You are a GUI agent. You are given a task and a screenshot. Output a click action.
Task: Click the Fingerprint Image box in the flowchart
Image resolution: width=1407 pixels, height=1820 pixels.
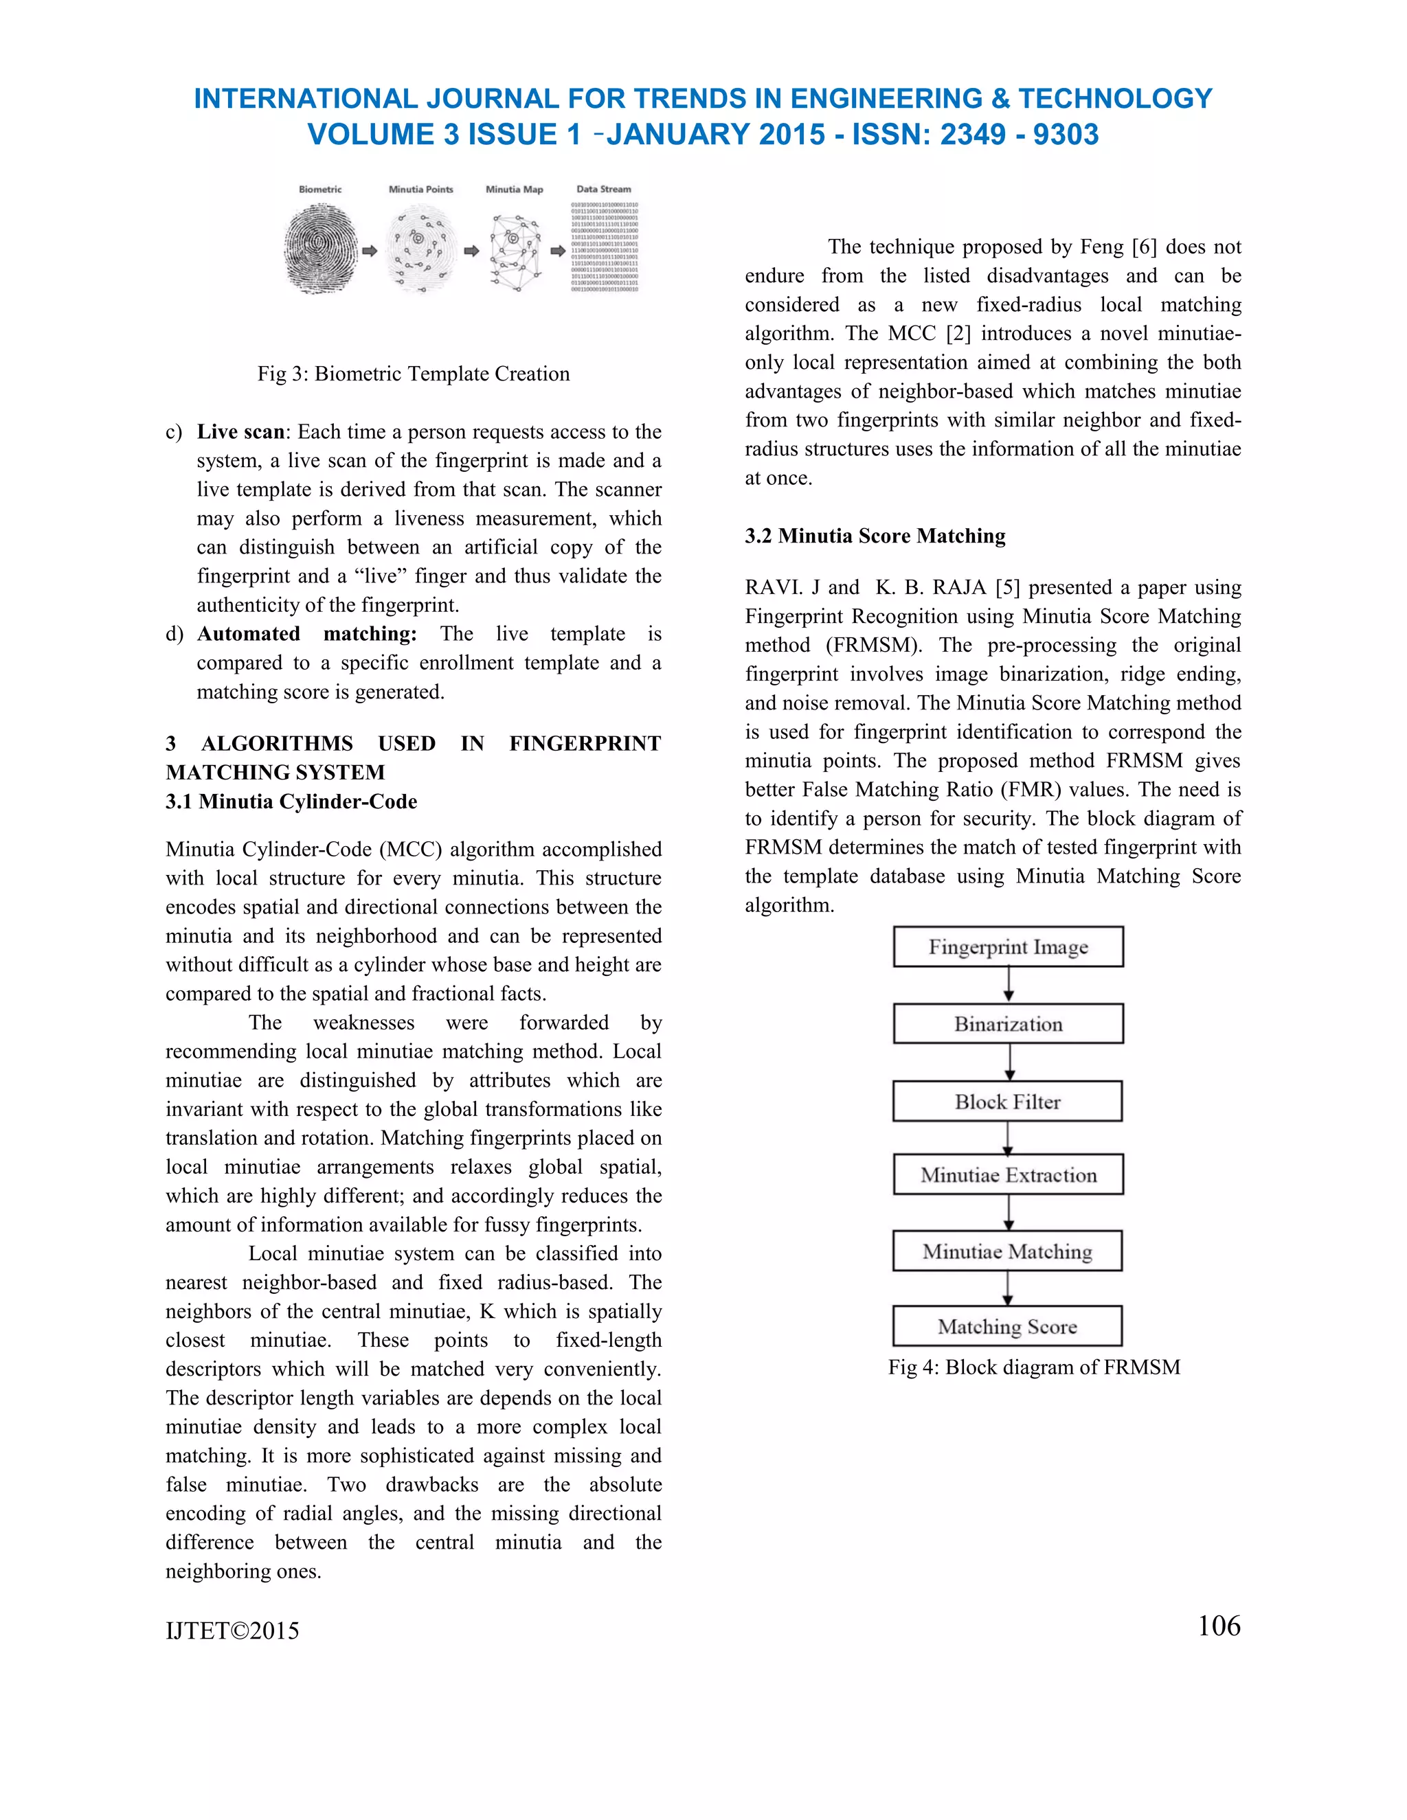1008,946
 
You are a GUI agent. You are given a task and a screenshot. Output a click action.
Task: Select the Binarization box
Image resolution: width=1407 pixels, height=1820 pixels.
1008,1023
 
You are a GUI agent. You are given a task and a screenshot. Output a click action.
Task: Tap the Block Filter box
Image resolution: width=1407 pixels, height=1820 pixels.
1007,1102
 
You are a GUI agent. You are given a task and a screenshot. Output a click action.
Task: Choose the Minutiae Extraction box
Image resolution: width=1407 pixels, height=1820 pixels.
1008,1174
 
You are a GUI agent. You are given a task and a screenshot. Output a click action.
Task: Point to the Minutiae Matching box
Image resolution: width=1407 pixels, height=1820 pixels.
1007,1251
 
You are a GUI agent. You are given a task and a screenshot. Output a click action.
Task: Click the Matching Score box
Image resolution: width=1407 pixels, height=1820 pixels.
1007,1326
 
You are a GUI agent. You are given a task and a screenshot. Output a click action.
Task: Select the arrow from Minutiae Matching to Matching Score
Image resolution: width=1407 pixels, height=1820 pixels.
1008,1288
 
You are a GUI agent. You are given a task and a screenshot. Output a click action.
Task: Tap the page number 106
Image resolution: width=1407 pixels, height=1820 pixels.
1219,1626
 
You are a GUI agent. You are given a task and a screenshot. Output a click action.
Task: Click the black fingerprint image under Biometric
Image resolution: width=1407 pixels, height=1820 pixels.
321,250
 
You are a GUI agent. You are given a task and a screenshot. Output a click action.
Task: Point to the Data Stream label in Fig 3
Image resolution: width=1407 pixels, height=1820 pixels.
603,189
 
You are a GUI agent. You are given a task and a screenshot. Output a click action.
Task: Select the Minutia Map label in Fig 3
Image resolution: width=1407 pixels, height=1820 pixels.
515,189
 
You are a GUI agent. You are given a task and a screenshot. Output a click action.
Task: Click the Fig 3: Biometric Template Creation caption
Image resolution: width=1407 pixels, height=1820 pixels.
414,374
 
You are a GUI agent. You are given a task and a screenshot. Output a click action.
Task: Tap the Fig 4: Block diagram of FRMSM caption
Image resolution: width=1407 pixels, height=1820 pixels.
1033,1367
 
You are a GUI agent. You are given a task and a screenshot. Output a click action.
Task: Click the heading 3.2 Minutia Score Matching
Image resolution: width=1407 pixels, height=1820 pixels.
875,536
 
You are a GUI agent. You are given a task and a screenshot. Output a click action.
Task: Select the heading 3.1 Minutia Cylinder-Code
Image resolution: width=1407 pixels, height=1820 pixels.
291,801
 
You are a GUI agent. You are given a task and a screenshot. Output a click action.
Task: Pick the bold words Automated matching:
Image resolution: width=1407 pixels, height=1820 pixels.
306,634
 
